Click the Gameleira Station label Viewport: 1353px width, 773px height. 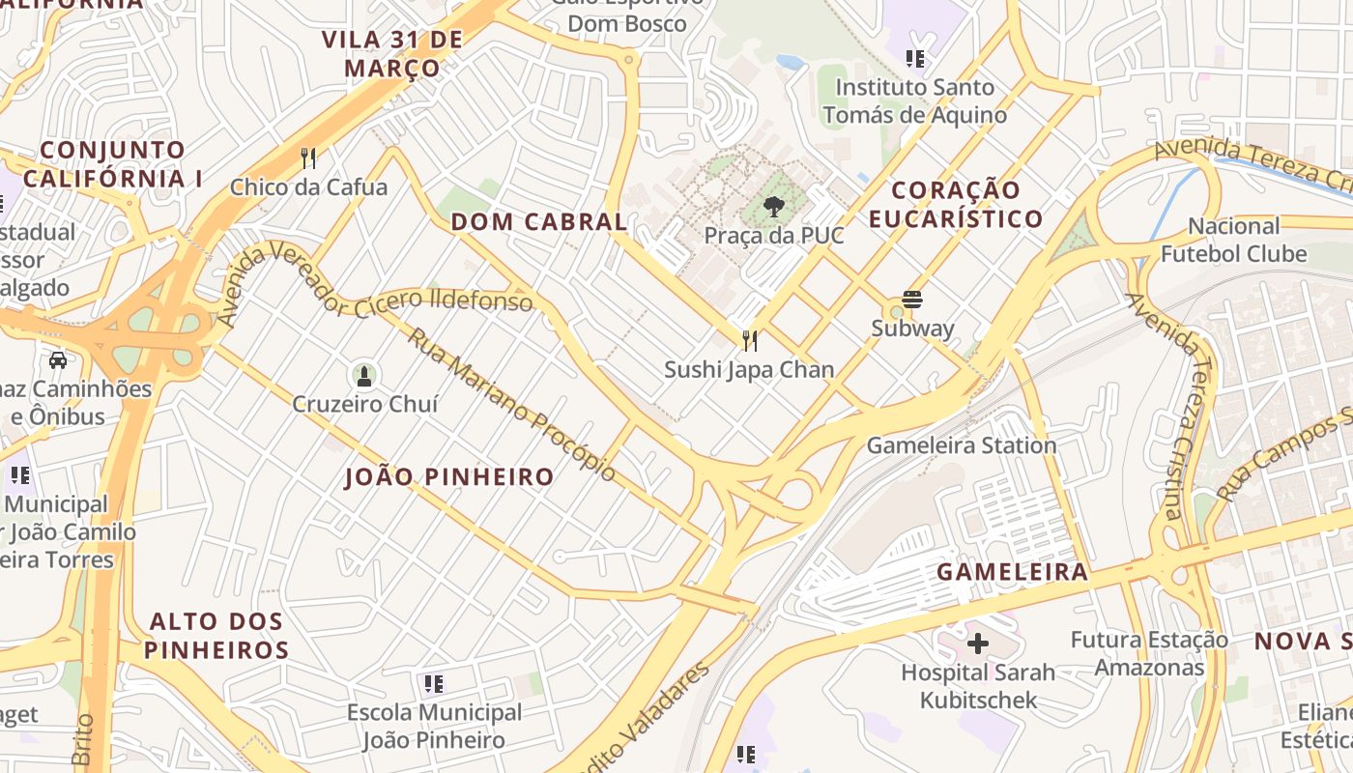click(961, 445)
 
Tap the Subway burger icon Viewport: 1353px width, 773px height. click(912, 299)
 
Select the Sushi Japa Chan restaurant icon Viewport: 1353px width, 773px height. click(749, 340)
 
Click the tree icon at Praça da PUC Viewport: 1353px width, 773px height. click(773, 206)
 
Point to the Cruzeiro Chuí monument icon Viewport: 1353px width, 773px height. click(364, 375)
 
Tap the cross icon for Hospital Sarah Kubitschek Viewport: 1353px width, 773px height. click(978, 643)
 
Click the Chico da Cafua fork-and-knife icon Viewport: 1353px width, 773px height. click(308, 157)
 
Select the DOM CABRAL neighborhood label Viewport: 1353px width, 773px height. click(539, 221)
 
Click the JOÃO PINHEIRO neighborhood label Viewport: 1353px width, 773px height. click(449, 476)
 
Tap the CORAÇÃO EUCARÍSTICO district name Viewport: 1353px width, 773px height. click(955, 204)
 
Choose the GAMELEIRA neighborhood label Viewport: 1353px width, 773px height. click(1013, 571)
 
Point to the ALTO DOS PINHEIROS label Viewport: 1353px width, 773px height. click(216, 636)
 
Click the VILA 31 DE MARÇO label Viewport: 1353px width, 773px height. click(392, 54)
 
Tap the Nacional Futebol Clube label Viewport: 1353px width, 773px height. click(1233, 240)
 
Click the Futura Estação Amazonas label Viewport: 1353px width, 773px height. click(1149, 653)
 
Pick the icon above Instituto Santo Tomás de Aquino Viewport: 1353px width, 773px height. click(915, 59)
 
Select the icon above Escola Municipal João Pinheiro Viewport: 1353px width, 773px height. click(434, 684)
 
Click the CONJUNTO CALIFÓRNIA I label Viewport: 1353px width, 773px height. click(112, 164)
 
